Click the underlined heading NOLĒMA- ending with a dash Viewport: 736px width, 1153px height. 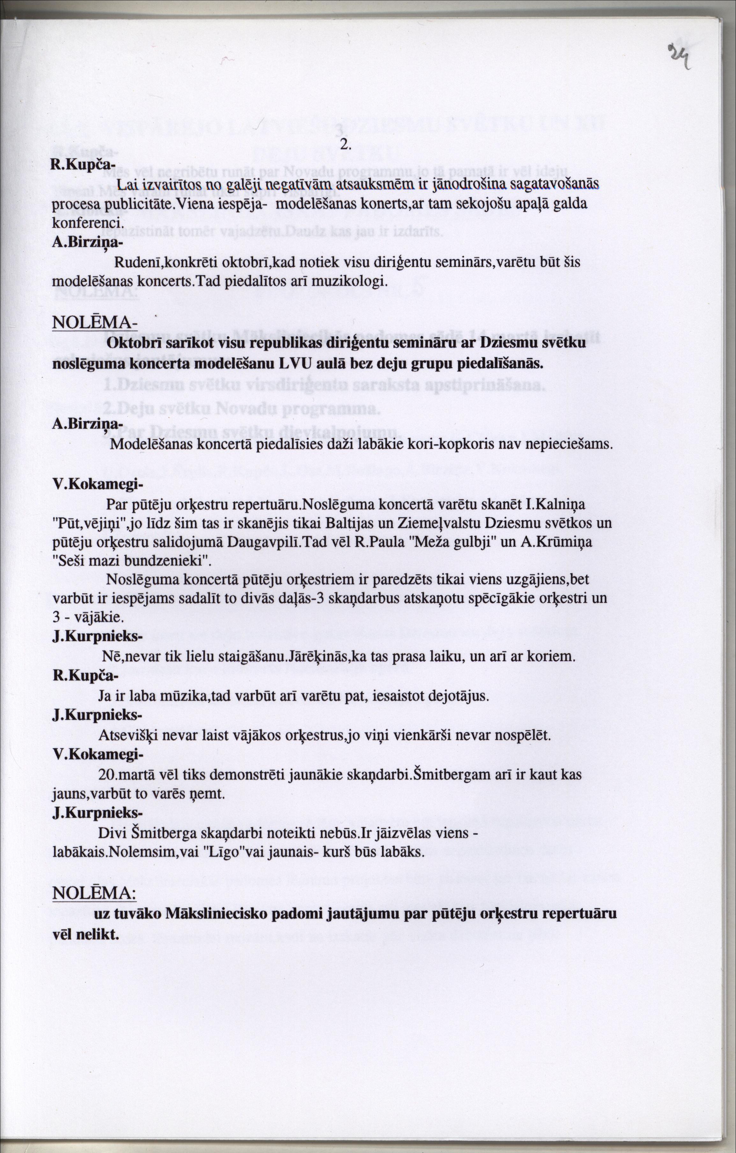click(x=94, y=322)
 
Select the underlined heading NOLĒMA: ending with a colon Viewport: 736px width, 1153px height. click(x=94, y=893)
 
